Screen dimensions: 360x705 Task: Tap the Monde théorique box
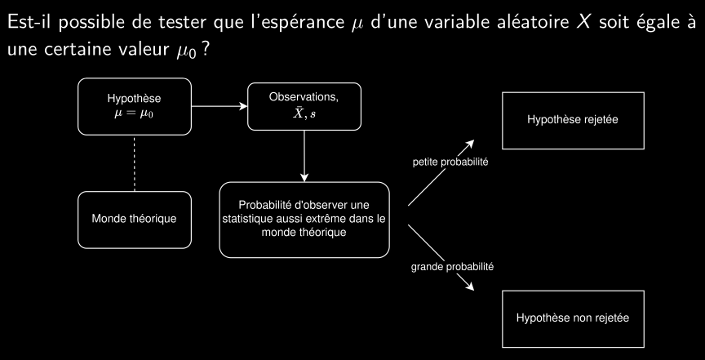(x=135, y=220)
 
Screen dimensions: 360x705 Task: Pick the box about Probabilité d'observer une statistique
(x=304, y=220)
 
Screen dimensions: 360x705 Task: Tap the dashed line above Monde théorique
(x=135, y=162)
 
